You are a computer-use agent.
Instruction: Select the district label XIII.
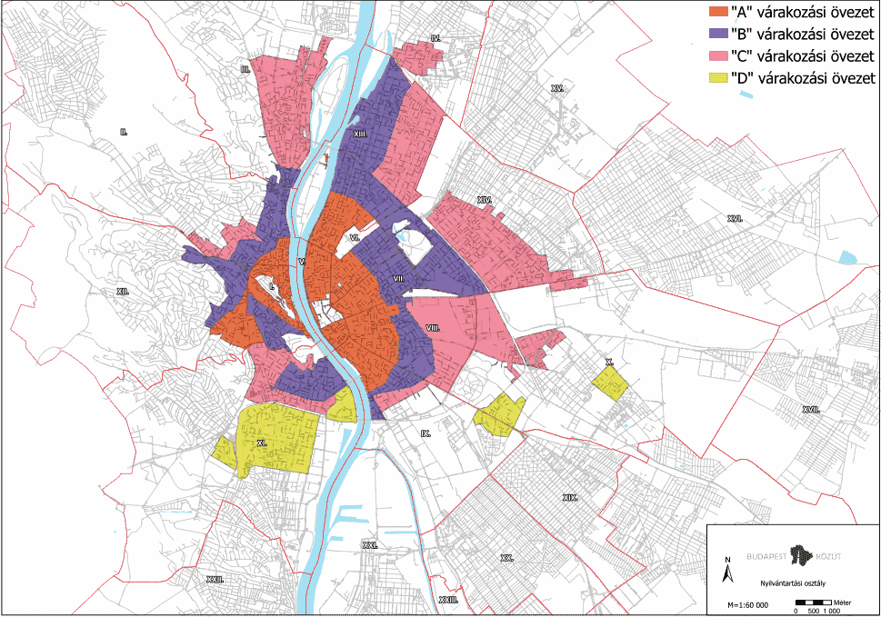tap(359, 133)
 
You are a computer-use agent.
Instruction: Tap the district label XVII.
tap(811, 410)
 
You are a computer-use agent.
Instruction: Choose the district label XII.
tap(123, 291)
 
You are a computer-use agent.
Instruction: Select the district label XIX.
tap(570, 498)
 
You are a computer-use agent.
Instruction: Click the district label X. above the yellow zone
tap(609, 362)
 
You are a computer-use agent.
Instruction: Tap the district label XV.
tap(557, 88)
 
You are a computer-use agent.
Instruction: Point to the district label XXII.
tap(215, 579)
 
